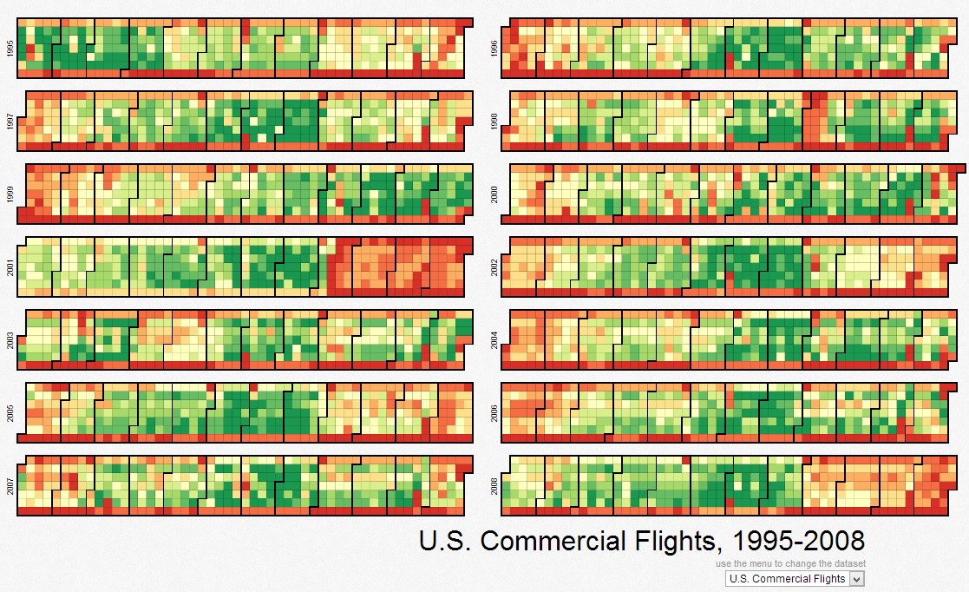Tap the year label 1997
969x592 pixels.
(x=9, y=121)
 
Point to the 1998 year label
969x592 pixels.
(x=494, y=121)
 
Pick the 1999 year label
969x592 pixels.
(x=9, y=194)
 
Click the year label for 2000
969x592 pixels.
(x=494, y=194)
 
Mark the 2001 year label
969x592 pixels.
(x=9, y=266)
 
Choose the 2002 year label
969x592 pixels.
(x=494, y=266)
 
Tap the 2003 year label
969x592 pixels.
(x=9, y=339)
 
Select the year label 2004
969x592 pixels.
(x=494, y=339)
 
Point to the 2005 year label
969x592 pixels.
(x=9, y=412)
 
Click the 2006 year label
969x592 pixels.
(x=494, y=412)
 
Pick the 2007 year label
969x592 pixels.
(x=9, y=485)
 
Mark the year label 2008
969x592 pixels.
(x=494, y=485)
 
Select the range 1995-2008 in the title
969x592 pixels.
(x=799, y=542)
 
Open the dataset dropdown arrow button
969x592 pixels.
(x=857, y=579)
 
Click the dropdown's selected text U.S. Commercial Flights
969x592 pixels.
(x=788, y=579)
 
